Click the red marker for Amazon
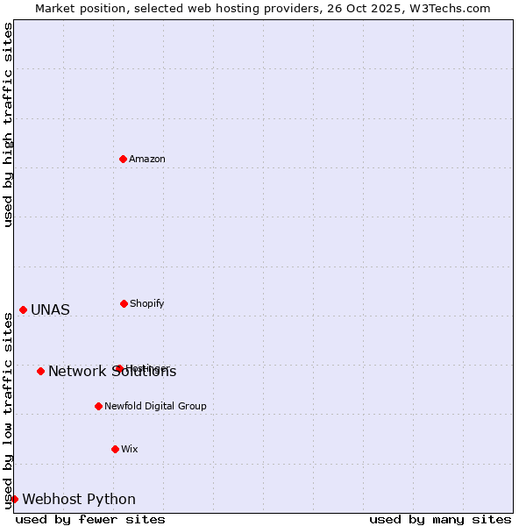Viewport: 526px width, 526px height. click(x=123, y=159)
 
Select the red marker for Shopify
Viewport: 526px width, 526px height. click(x=124, y=303)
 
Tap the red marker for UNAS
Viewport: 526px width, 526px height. click(x=23, y=309)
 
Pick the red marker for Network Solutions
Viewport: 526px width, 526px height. click(x=40, y=371)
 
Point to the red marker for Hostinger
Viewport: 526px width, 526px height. click(x=119, y=368)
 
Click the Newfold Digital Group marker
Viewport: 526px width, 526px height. click(x=98, y=406)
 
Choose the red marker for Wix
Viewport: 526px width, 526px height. click(x=115, y=449)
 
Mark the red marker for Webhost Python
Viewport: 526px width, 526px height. click(x=14, y=499)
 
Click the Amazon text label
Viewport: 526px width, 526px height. click(x=147, y=159)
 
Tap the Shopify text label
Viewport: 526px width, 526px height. click(x=147, y=303)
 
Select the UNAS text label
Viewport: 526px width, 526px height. click(x=50, y=309)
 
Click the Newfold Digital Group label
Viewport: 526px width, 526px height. click(x=155, y=406)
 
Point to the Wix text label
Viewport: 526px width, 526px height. click(x=130, y=449)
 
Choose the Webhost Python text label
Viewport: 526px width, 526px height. click(x=79, y=499)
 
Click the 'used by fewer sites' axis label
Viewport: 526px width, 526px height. click(x=90, y=519)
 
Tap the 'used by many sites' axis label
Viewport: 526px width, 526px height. click(x=440, y=519)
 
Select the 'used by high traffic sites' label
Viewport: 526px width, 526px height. click(x=8, y=124)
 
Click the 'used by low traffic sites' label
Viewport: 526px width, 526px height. click(x=8, y=410)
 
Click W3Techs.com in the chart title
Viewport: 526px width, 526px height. click(x=452, y=8)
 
